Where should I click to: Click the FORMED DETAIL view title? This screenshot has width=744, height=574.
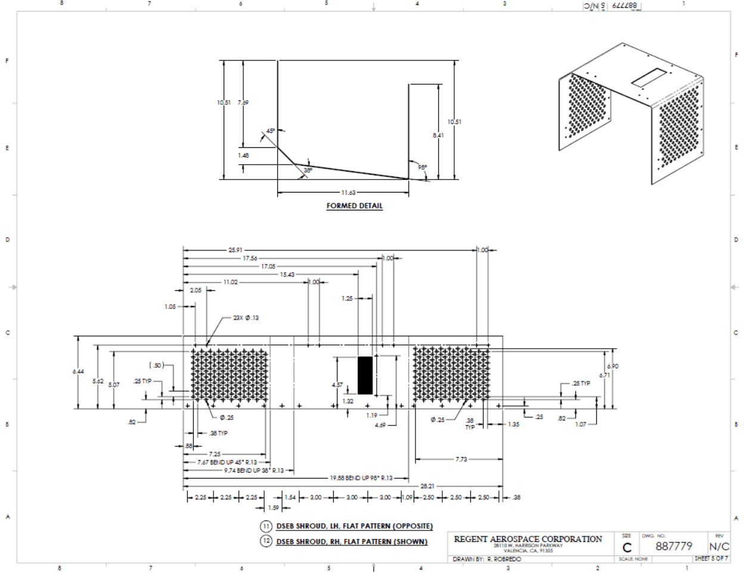pos(354,206)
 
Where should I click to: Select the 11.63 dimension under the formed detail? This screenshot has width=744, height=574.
pos(348,193)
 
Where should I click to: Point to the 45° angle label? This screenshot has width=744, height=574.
pos(271,131)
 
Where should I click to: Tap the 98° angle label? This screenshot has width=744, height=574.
pos(422,167)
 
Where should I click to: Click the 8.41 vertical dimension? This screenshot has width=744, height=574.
pos(438,135)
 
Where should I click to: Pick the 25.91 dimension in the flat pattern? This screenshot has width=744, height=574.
pos(235,250)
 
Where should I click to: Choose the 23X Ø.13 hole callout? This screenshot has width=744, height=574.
pos(246,318)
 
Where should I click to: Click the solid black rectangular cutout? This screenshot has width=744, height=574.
pos(365,376)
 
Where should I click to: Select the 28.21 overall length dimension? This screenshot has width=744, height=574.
pos(427,486)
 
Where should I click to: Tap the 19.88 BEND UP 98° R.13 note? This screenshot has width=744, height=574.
pos(361,478)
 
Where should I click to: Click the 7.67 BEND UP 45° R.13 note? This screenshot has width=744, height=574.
pos(227,462)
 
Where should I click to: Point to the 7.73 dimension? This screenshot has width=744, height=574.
pos(461,460)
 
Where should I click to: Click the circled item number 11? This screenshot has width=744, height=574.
pos(266,526)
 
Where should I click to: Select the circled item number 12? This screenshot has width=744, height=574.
pos(266,541)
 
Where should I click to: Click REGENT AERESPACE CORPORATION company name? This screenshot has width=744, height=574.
pos(528,539)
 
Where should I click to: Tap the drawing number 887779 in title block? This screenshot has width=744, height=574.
pos(674,546)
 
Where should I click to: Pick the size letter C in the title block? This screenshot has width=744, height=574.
pos(627,548)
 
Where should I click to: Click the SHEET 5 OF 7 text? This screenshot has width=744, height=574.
pos(711,559)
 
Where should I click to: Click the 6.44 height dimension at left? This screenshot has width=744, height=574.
pos(78,372)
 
